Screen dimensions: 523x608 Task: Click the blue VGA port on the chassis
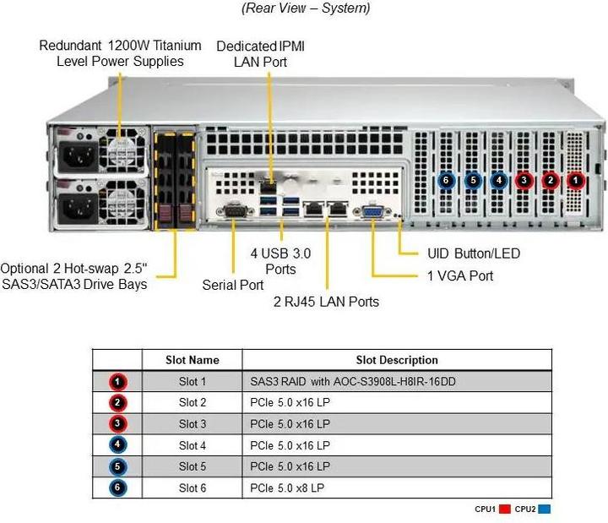[x=372, y=212]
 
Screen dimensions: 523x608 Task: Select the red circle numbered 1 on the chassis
[x=576, y=179]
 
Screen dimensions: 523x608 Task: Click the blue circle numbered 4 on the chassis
[x=498, y=179]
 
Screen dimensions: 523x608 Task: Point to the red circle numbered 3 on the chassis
[x=524, y=179]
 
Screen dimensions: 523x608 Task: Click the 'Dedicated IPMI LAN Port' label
[x=260, y=53]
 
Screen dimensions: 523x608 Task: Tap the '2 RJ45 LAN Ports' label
[x=326, y=302]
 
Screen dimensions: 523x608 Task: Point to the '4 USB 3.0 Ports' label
[x=280, y=261]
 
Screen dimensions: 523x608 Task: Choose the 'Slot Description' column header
[x=397, y=360]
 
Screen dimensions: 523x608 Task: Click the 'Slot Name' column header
[x=193, y=360]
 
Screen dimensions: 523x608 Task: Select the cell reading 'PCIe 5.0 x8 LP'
[x=287, y=488]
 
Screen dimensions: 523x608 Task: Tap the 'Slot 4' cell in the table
[x=193, y=445]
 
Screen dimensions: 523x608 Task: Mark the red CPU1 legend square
[x=506, y=509]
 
